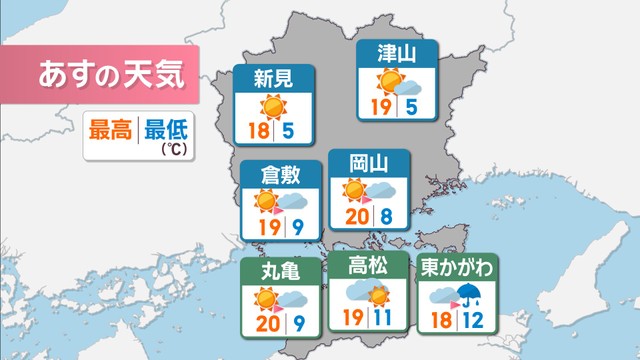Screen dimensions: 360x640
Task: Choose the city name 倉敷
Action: (x=280, y=174)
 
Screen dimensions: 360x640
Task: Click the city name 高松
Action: (x=366, y=265)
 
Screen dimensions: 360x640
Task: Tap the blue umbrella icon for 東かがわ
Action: (x=468, y=294)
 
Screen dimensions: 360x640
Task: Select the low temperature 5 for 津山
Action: (x=412, y=106)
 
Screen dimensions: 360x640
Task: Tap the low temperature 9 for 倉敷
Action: (x=298, y=228)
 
